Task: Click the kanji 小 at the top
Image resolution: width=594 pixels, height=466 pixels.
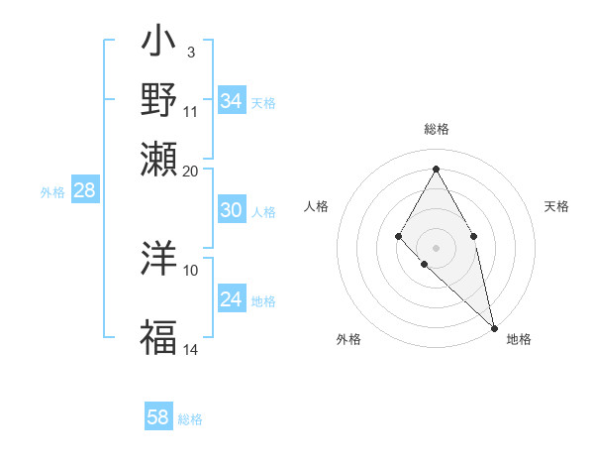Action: pos(157,44)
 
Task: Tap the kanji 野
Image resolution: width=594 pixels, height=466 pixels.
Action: pos(157,99)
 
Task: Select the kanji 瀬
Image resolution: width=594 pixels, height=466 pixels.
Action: pos(157,157)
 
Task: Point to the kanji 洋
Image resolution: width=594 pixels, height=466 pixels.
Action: pos(157,258)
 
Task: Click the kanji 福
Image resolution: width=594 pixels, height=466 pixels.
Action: pos(157,337)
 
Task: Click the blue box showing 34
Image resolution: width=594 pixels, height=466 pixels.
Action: pos(232,101)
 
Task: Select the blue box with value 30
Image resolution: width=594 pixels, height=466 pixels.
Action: pos(232,210)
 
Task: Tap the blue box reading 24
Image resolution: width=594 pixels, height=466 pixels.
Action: pos(232,299)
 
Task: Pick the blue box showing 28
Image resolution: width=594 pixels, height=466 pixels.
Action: pos(84,191)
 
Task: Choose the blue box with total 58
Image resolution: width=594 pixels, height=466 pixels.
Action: pos(158,417)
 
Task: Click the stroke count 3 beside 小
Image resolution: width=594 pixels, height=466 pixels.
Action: pos(190,52)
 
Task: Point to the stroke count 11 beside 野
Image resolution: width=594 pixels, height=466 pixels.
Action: pos(191,111)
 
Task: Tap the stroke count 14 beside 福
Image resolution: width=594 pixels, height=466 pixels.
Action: pos(191,349)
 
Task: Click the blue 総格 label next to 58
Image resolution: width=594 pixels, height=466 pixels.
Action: pos(190,419)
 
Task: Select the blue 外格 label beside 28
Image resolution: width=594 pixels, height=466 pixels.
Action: pos(52,193)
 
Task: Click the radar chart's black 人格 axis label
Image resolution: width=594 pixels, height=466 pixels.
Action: pos(317,206)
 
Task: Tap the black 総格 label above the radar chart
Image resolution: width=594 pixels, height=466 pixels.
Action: pos(436,129)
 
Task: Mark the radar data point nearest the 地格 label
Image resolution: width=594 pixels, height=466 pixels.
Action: pos(494,327)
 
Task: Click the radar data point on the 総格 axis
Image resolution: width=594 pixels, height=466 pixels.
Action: pos(436,169)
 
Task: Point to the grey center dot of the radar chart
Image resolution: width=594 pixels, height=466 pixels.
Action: pos(436,246)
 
